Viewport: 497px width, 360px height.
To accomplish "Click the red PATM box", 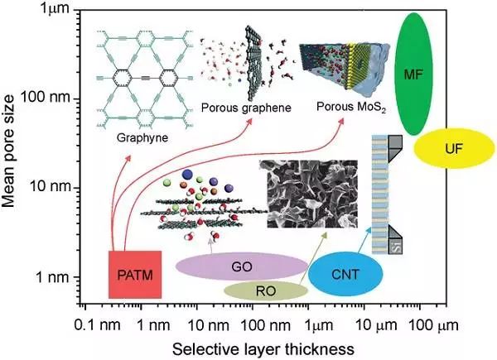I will coord(134,272).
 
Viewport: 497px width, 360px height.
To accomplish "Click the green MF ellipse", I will coord(413,75).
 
